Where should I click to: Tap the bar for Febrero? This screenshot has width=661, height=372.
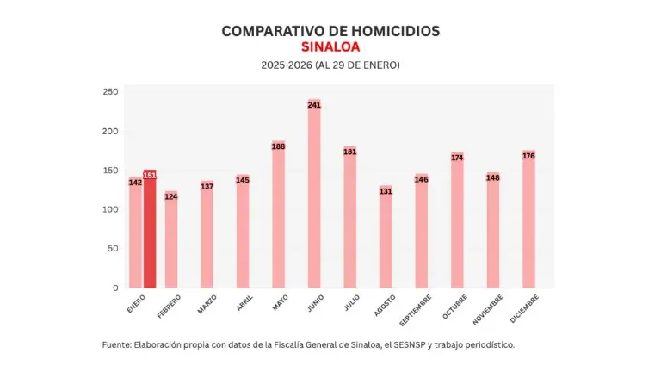tap(171, 240)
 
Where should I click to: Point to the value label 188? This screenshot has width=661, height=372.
tap(279, 146)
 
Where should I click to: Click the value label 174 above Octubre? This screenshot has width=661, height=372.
tap(457, 158)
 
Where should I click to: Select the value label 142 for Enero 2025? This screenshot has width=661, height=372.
tap(135, 183)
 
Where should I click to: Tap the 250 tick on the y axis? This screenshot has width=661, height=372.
tap(110, 92)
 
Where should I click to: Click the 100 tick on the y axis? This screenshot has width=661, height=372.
tap(110, 209)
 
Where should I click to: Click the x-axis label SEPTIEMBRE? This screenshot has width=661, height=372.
tap(414, 310)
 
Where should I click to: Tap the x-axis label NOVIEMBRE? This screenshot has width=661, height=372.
tap(486, 310)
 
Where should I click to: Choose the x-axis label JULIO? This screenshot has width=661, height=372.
tap(351, 303)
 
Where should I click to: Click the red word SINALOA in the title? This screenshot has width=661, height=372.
tap(330, 46)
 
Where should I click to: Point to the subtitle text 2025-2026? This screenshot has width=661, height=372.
tap(287, 65)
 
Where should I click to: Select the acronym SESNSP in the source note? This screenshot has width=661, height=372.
tap(409, 344)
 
